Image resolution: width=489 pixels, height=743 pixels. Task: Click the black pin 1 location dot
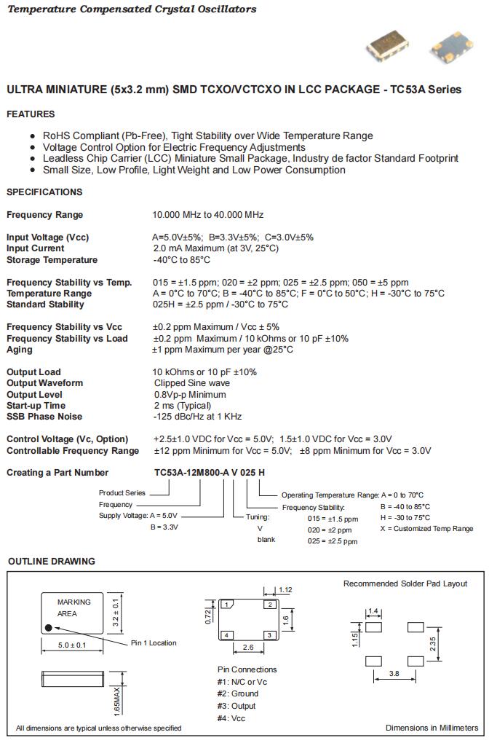[48, 627]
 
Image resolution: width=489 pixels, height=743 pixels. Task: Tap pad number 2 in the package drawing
[270, 605]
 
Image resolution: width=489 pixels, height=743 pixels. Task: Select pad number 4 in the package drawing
[227, 635]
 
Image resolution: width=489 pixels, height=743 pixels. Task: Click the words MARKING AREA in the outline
[74, 608]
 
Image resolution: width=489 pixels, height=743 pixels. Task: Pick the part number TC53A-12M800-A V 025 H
[210, 473]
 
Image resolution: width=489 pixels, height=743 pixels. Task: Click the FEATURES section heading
[31, 114]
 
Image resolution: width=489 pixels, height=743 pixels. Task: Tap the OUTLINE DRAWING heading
[51, 562]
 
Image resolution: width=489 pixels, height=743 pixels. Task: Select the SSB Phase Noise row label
[44, 417]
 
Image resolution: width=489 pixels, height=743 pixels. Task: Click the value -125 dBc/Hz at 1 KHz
[197, 417]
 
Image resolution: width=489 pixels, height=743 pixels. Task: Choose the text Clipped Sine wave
[192, 383]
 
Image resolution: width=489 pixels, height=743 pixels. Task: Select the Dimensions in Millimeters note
[432, 728]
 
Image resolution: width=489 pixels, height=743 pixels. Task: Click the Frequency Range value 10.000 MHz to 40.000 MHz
[207, 215]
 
